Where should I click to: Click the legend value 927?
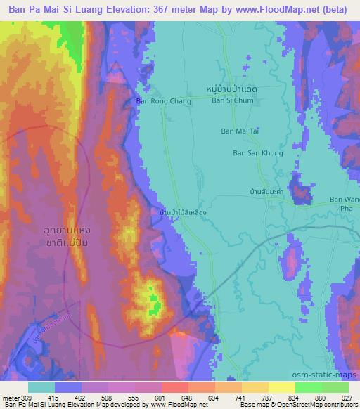click(x=347, y=396)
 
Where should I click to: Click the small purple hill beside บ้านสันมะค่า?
click(x=302, y=190)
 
